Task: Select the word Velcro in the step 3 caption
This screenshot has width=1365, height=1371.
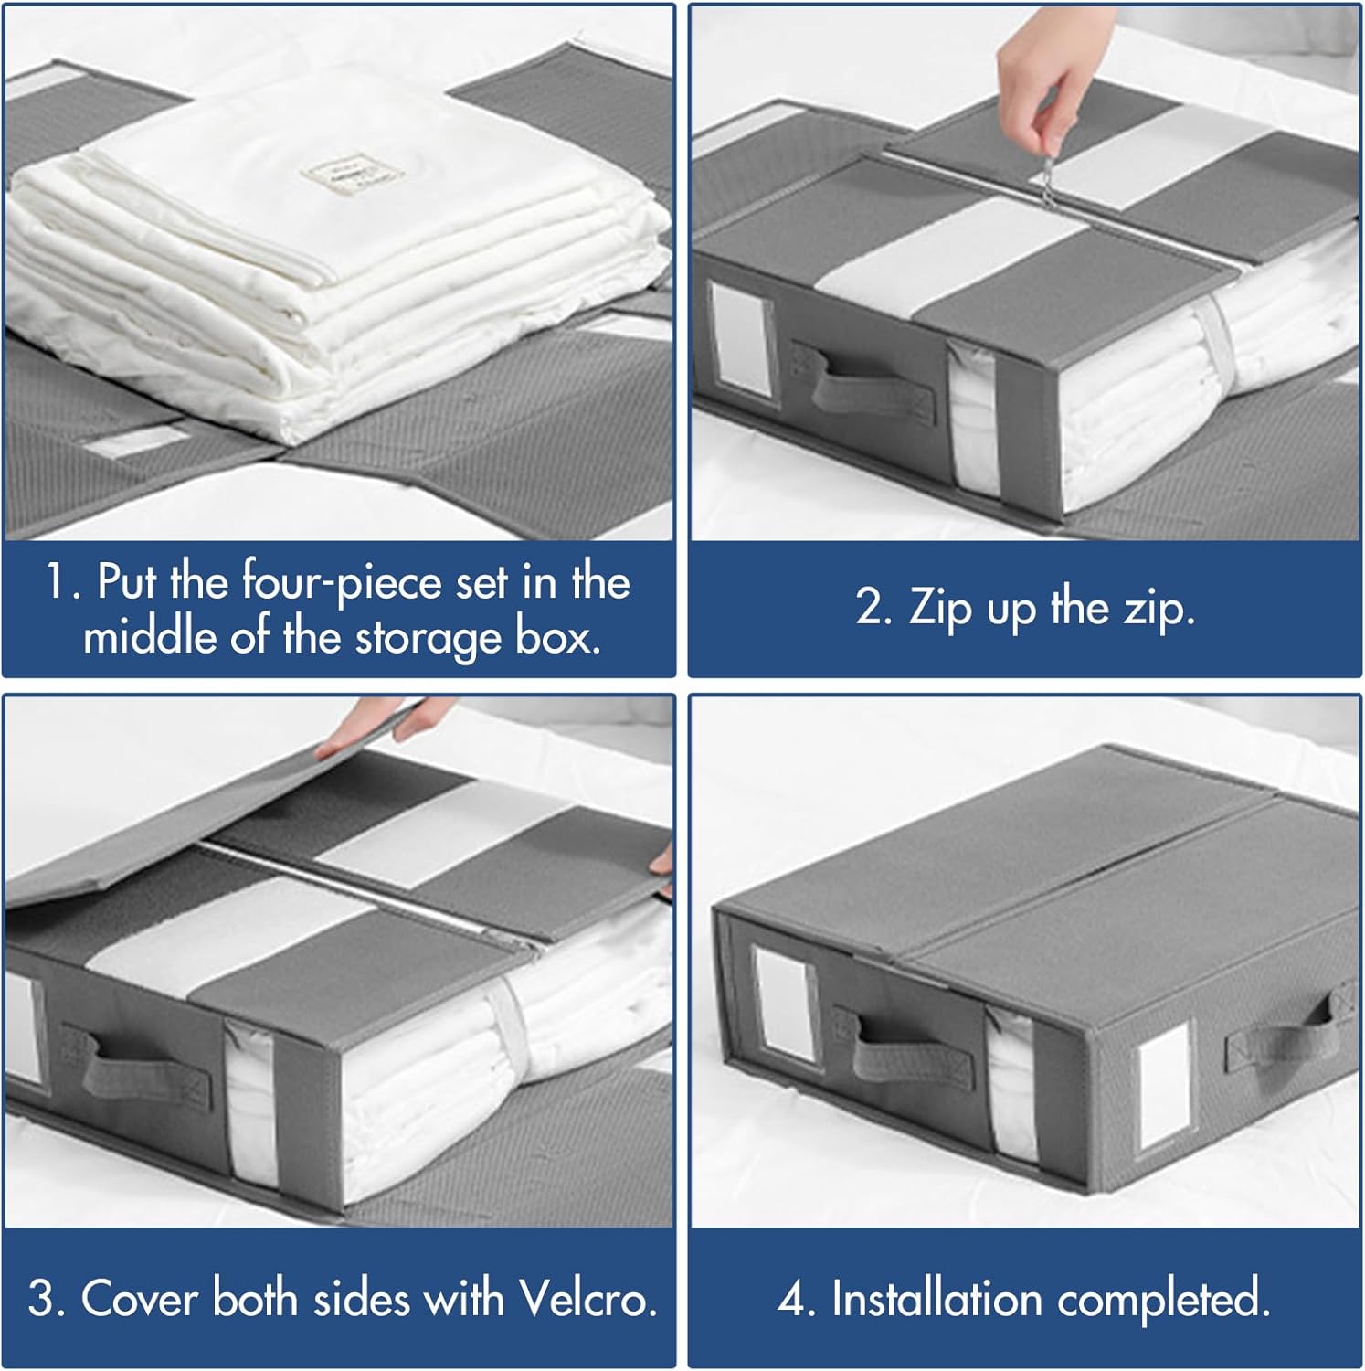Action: (x=587, y=1298)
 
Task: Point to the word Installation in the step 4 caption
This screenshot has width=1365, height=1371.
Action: (x=936, y=1299)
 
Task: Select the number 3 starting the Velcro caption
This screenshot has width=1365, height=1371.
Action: (x=42, y=1299)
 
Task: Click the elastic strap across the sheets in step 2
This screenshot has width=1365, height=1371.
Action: (x=1213, y=343)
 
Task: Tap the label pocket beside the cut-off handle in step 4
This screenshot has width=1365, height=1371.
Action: (x=1162, y=1083)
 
